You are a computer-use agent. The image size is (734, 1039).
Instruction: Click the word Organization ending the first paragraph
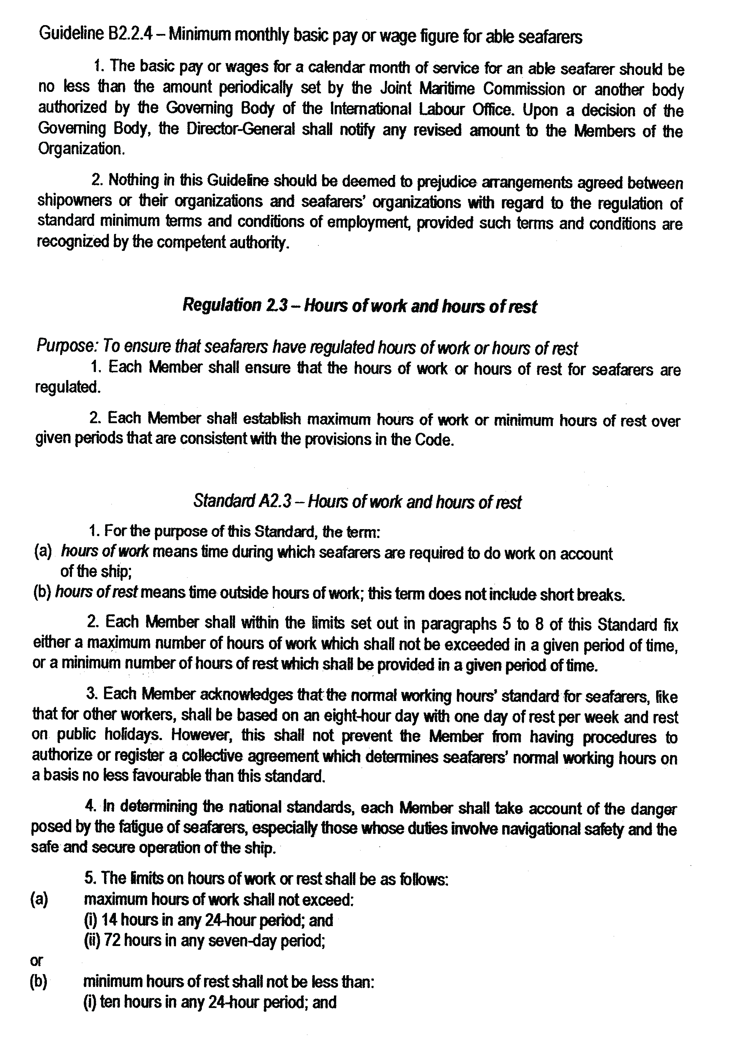coord(80,149)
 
